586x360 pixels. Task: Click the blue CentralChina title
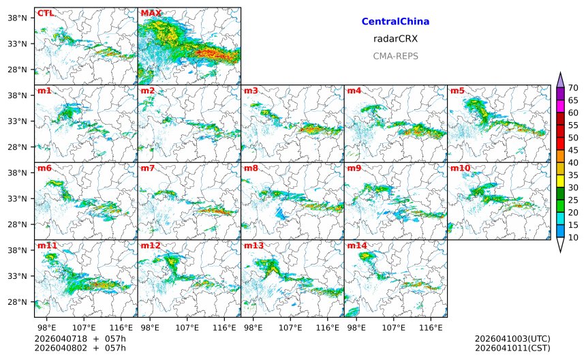point(395,22)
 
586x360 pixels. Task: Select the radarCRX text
point(395,39)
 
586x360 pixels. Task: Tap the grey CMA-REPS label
point(395,56)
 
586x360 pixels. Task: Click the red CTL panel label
point(46,13)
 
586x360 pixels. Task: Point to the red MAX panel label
point(151,13)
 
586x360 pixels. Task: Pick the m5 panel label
point(457,91)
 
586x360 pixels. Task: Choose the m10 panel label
point(459,168)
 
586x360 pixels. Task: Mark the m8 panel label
point(250,168)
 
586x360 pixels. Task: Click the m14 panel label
point(356,245)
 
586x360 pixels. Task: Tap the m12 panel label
point(150,245)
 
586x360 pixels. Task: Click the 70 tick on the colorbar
point(573,87)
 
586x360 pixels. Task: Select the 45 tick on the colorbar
point(573,150)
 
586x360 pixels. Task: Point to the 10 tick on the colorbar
point(573,237)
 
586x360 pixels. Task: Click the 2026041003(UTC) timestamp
point(512,339)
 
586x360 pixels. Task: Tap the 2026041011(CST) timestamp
point(512,348)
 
